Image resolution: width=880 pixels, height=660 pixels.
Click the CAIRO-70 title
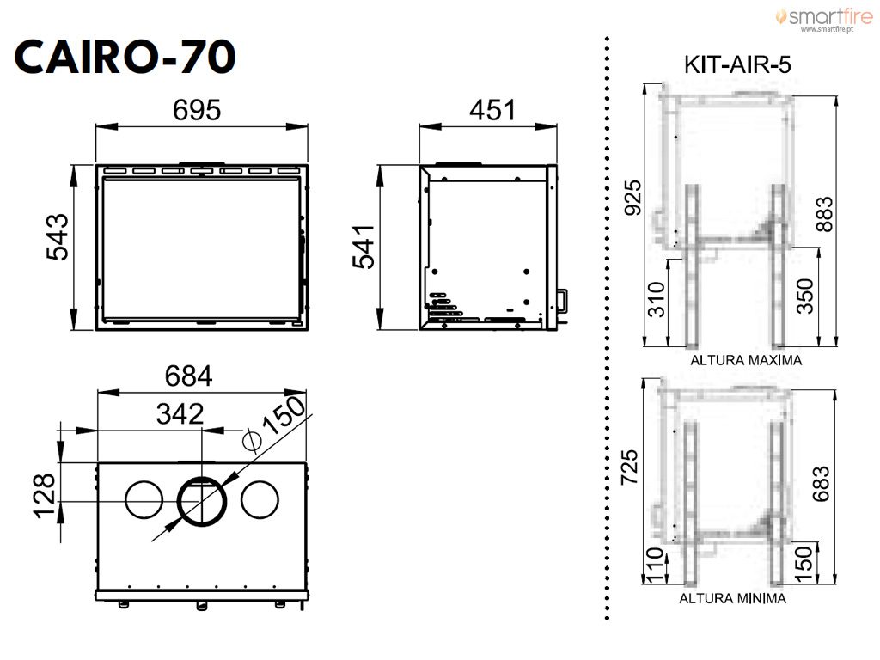tap(125, 57)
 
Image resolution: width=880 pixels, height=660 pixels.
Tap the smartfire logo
tap(824, 19)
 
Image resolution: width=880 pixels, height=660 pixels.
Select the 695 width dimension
tap(197, 110)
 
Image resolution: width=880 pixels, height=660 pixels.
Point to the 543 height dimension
tap(58, 237)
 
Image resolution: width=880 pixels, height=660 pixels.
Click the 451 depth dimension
tap(492, 110)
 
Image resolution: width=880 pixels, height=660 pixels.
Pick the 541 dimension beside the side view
tap(364, 247)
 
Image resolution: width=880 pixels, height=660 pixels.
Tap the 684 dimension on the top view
tap(189, 376)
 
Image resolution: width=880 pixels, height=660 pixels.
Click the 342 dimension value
tap(180, 414)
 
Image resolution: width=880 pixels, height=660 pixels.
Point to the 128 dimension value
tap(45, 496)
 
